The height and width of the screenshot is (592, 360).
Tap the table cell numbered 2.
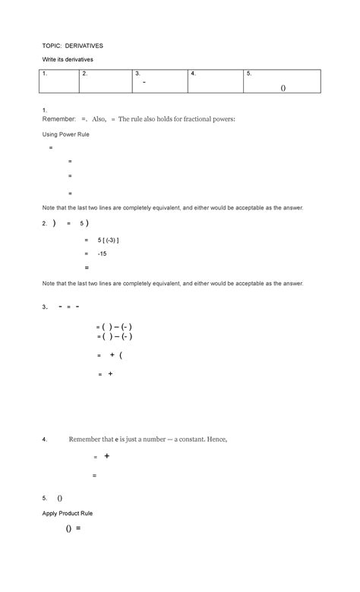tap(106, 81)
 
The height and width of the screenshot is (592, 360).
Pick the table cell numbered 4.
tap(215, 81)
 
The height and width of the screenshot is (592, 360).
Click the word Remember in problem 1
tap(58, 120)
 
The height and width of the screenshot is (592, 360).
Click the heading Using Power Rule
tap(65, 134)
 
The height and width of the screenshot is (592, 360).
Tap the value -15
tap(102, 253)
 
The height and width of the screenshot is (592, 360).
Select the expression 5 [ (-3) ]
tap(109, 240)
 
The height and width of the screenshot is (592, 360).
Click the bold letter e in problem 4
tap(117, 439)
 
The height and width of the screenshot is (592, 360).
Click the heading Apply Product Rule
tap(67, 514)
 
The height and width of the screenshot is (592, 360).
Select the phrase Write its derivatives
tap(67, 59)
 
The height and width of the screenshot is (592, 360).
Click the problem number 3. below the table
tap(45, 307)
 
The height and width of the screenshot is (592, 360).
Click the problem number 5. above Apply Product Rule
tap(45, 499)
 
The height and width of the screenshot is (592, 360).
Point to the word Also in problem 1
tap(99, 120)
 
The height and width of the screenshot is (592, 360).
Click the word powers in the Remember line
tap(223, 120)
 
